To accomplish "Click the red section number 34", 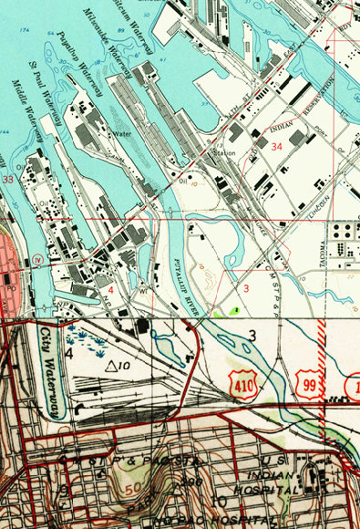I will point(276,146).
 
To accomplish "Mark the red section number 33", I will point(8,180).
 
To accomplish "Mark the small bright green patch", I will point(235,311).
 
